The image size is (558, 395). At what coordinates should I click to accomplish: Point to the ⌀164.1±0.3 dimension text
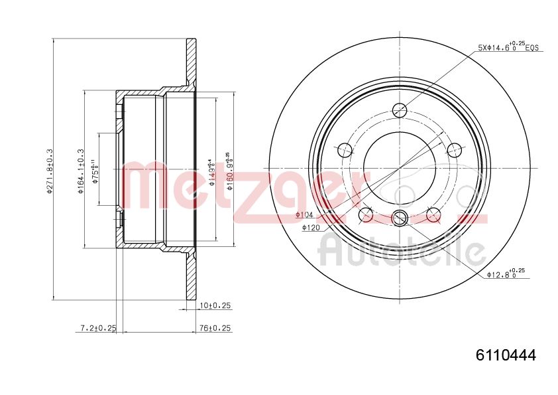tap(81, 171)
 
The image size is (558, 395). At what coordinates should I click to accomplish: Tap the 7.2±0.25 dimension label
tap(97, 328)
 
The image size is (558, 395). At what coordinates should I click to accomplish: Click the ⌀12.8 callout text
tap(506, 273)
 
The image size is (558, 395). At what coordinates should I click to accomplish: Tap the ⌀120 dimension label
tap(311, 228)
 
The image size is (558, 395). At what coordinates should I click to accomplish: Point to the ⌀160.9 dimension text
tap(229, 171)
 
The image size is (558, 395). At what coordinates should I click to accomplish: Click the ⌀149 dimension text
tap(211, 171)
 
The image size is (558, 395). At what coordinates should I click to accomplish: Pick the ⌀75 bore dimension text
tap(95, 171)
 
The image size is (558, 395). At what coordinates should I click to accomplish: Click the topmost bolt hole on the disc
tap(400, 110)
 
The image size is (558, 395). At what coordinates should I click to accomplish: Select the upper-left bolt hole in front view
tap(345, 150)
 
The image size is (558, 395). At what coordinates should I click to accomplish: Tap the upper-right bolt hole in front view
tap(454, 150)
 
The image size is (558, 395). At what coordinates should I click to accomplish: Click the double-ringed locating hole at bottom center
tap(400, 216)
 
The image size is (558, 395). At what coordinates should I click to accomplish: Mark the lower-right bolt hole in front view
tap(433, 214)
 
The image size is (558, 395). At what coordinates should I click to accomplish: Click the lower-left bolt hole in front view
tap(365, 214)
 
